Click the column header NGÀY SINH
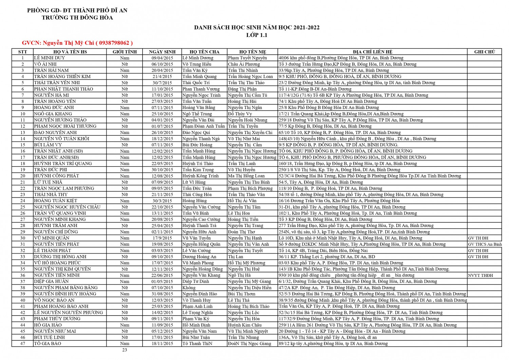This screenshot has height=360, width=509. [162, 52]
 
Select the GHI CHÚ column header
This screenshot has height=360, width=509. [484, 52]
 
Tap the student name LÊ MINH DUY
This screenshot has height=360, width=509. [50, 58]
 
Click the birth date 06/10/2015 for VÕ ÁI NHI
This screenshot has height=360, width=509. [162, 64]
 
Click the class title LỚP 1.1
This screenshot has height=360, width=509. [257, 35]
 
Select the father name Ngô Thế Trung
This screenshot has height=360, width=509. [197, 114]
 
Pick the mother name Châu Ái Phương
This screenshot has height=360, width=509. [244, 64]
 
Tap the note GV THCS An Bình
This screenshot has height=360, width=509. [485, 244]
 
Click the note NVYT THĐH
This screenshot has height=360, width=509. [480, 276]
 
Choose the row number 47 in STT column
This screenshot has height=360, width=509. [23, 344]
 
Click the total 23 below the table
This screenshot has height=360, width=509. [125, 350]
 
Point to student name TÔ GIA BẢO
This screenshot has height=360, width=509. [48, 344]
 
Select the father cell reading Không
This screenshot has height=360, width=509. [189, 288]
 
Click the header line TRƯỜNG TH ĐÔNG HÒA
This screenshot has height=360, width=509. [77, 18]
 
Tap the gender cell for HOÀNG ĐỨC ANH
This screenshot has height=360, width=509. [125, 108]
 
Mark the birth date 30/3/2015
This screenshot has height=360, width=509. [162, 201]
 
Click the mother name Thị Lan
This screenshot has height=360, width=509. [235, 257]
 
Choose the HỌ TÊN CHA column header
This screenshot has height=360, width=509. [204, 52]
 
